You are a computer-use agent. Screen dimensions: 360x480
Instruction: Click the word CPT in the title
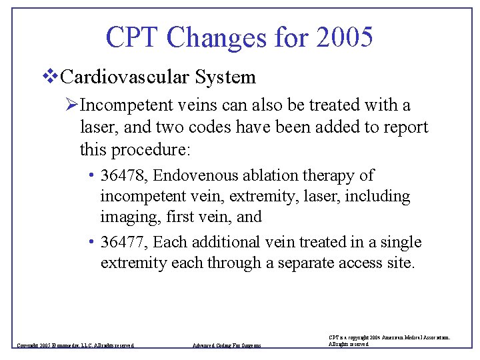pyautogui.click(x=133, y=37)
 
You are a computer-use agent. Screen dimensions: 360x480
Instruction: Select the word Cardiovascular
pyautogui.click(x=125, y=77)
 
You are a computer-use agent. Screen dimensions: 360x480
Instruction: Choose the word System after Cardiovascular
pyautogui.click(x=225, y=77)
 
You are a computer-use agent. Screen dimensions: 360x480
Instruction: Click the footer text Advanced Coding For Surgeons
pyautogui.click(x=227, y=345)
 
